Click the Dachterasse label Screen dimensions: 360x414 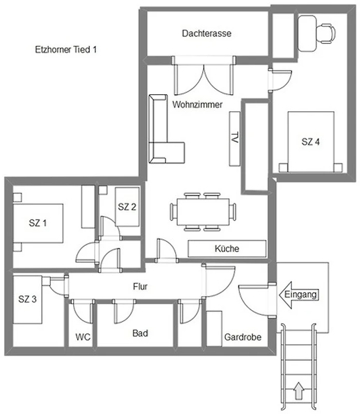tap(207, 33)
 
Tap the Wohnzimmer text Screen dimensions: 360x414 tap(197, 105)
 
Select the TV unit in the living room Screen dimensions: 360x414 tap(235, 139)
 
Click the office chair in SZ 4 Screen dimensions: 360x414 tap(326, 33)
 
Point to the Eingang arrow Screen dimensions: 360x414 tap(299, 294)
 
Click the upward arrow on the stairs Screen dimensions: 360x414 tap(299, 391)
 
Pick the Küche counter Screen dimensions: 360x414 tap(227, 248)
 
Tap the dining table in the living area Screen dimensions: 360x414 tap(203, 212)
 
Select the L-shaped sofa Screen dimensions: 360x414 tap(164, 132)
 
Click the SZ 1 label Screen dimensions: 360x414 tap(37, 223)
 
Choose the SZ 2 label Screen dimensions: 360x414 tap(127, 206)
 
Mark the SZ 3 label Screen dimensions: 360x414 tap(27, 299)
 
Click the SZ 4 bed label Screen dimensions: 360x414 tap(311, 142)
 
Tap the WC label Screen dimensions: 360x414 tap(83, 337)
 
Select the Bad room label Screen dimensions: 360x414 tap(140, 333)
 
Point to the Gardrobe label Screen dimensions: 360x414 tap(242, 337)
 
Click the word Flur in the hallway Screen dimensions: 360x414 tap(140, 287)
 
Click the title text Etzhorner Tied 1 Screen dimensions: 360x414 tap(66, 49)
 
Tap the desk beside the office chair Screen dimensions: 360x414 tap(307, 33)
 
